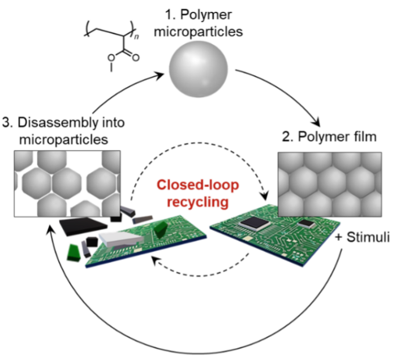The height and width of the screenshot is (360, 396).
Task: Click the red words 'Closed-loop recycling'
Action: click(199, 193)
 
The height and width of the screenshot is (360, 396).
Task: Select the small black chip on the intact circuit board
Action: click(307, 224)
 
